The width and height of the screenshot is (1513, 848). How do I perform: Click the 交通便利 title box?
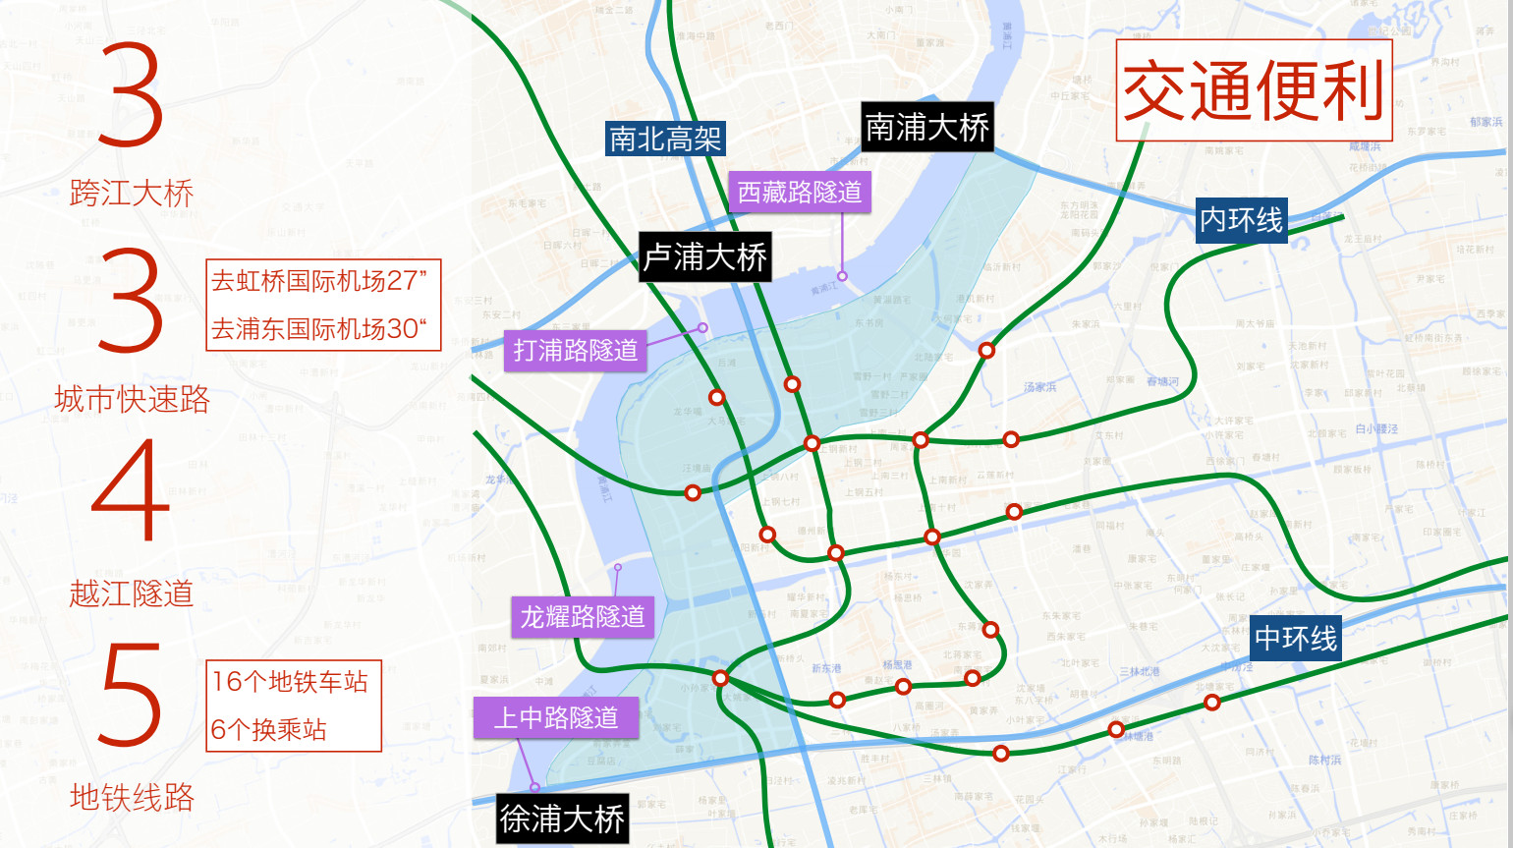tap(1254, 90)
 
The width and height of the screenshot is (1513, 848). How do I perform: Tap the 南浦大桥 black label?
tap(926, 127)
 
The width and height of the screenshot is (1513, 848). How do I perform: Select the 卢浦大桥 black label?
tap(704, 257)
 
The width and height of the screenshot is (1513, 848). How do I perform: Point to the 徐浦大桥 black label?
tap(562, 819)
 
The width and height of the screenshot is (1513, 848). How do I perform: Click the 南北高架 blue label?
tap(665, 139)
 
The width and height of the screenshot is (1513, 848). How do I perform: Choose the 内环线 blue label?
tap(1242, 220)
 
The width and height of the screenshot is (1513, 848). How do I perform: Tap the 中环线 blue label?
tap(1296, 639)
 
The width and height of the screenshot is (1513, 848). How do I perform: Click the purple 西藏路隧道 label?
tap(799, 192)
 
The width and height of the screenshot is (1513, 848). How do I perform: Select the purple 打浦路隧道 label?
tap(576, 350)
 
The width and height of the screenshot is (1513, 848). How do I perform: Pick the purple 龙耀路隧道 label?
tap(583, 617)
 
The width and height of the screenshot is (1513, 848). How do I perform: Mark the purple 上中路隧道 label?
tap(556, 717)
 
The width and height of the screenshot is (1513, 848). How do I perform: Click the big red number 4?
tap(131, 491)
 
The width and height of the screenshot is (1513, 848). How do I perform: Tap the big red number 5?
tap(131, 695)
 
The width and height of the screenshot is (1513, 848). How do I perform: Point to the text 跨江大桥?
tap(132, 194)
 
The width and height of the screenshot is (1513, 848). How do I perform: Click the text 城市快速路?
tap(132, 399)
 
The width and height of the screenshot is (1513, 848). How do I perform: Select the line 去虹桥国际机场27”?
tap(319, 281)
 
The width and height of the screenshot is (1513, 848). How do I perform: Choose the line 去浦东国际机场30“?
tap(319, 329)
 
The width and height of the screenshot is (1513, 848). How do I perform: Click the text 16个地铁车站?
tap(290, 682)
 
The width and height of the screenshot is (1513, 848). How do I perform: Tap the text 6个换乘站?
tap(268, 729)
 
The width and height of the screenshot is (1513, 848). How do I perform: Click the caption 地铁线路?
tap(132, 797)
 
